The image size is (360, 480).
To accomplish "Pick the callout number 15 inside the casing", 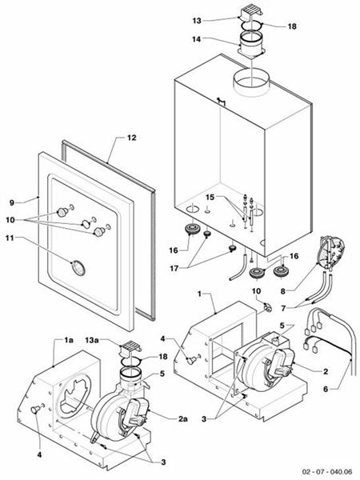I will [x=210, y=197].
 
